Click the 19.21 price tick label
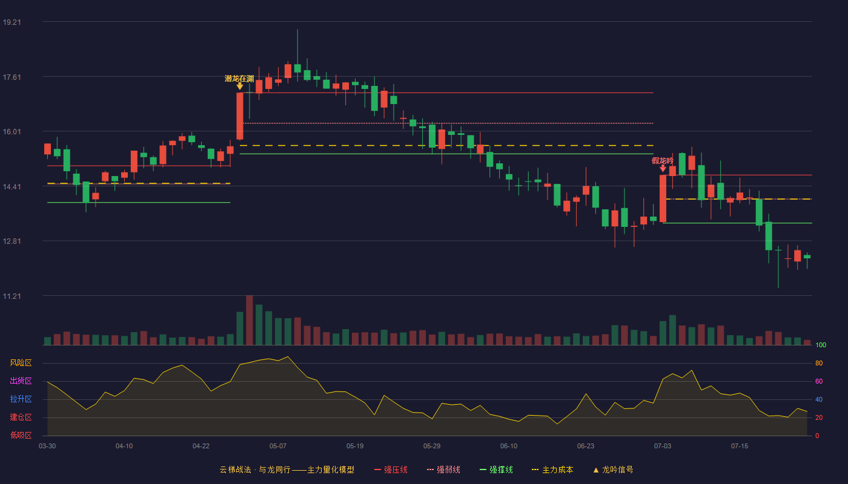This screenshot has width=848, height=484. pyautogui.click(x=12, y=22)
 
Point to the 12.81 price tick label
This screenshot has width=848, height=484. pyautogui.click(x=12, y=241)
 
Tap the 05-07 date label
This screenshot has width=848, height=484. pyautogui.click(x=278, y=446)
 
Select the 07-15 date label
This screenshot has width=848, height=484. pyautogui.click(x=740, y=446)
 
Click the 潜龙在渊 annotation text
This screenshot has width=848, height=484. pyautogui.click(x=239, y=79)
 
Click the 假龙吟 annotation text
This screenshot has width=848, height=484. pyautogui.click(x=663, y=161)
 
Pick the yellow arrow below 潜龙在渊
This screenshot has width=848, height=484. pyautogui.click(x=240, y=87)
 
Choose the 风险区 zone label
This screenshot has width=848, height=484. pyautogui.click(x=21, y=363)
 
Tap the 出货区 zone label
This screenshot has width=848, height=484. pyautogui.click(x=21, y=381)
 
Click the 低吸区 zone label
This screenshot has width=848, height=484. pyautogui.click(x=21, y=435)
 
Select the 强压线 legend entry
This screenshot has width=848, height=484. pyautogui.click(x=391, y=469)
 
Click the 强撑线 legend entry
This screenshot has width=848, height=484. pyautogui.click(x=496, y=469)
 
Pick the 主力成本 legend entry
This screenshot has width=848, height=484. pyautogui.click(x=552, y=469)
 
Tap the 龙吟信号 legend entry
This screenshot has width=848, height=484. pyautogui.click(x=613, y=469)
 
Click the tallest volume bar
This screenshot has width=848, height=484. pyautogui.click(x=249, y=320)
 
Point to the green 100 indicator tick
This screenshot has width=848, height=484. pyautogui.click(x=821, y=345)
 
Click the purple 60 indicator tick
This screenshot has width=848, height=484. pyautogui.click(x=819, y=381)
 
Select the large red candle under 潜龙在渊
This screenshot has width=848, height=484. pyautogui.click(x=240, y=116)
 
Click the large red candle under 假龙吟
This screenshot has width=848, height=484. pyautogui.click(x=663, y=198)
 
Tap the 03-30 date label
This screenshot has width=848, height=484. pyautogui.click(x=47, y=446)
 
